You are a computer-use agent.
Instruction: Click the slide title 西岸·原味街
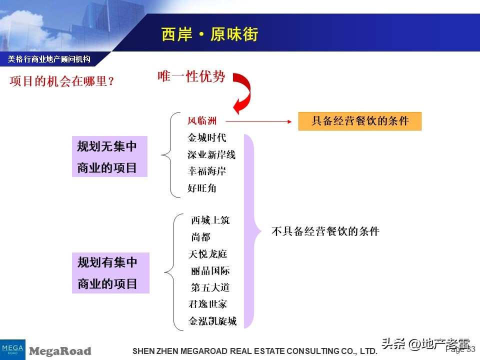tap(209, 34)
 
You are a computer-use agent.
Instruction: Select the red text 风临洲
tap(202, 121)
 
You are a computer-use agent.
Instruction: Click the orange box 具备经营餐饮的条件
tap(359, 121)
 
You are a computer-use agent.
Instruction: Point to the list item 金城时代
tap(206, 138)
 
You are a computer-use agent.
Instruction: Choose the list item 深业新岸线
tap(211, 155)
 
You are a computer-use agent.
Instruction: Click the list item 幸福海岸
tap(206, 171)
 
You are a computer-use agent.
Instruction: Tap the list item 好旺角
tap(202, 188)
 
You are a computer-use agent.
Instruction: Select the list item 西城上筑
tap(210, 220)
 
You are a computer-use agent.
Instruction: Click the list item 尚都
tap(200, 237)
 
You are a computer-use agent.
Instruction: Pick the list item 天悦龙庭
tap(208, 254)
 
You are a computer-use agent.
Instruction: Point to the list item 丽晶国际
tap(210, 271)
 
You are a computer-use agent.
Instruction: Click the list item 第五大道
tap(210, 287)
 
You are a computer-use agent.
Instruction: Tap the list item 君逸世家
tap(208, 304)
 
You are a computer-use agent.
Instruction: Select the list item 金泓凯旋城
tap(212, 321)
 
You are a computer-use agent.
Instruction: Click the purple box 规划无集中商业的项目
tap(110, 156)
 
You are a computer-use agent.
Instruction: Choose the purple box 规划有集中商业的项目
tap(110, 273)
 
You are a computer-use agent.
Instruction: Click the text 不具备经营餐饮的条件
tap(325, 231)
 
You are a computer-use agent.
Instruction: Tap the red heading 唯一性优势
tap(191, 76)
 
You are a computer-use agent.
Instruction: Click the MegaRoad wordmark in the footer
tap(60, 351)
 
